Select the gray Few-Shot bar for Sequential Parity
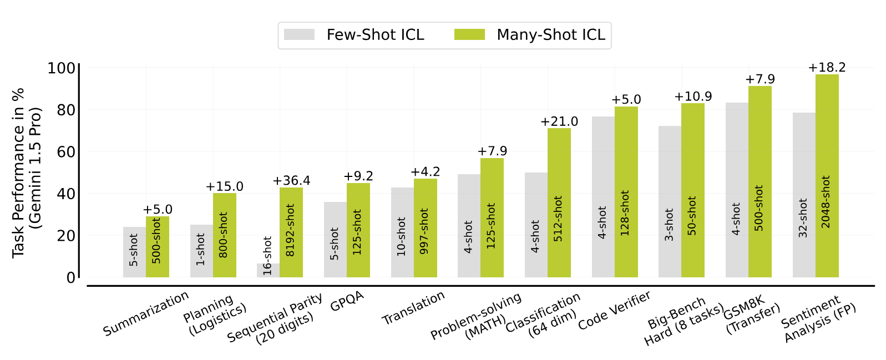coord(268,271)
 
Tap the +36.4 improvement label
coord(291,181)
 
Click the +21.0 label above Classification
coord(559,121)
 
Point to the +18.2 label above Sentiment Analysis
coord(827,68)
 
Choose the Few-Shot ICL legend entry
coord(355,35)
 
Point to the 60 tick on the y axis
coord(67,151)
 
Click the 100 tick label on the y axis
coord(61,68)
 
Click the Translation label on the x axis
coord(413,308)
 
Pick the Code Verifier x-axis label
coord(614,310)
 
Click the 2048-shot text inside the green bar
coord(827,202)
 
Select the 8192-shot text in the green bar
coord(291,230)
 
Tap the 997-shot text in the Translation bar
coord(425,231)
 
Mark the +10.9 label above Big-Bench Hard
coord(693,97)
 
